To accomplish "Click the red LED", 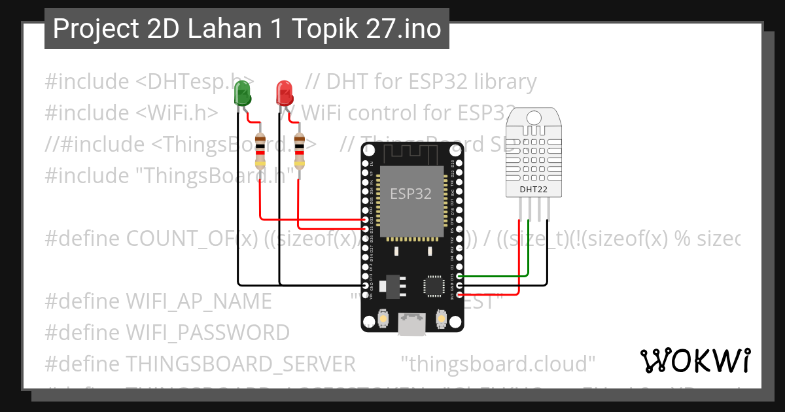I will [x=285, y=94].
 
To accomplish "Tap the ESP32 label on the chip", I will [x=411, y=194].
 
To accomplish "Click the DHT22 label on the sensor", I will [x=534, y=189].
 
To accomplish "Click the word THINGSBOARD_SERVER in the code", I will [x=241, y=363].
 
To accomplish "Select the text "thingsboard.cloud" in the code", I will [x=498, y=363].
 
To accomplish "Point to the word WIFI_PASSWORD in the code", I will [x=207, y=332].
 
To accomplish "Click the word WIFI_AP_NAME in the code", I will [x=199, y=301].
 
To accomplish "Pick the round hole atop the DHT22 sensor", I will [x=534, y=118].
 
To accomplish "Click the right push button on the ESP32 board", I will [x=440, y=320].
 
